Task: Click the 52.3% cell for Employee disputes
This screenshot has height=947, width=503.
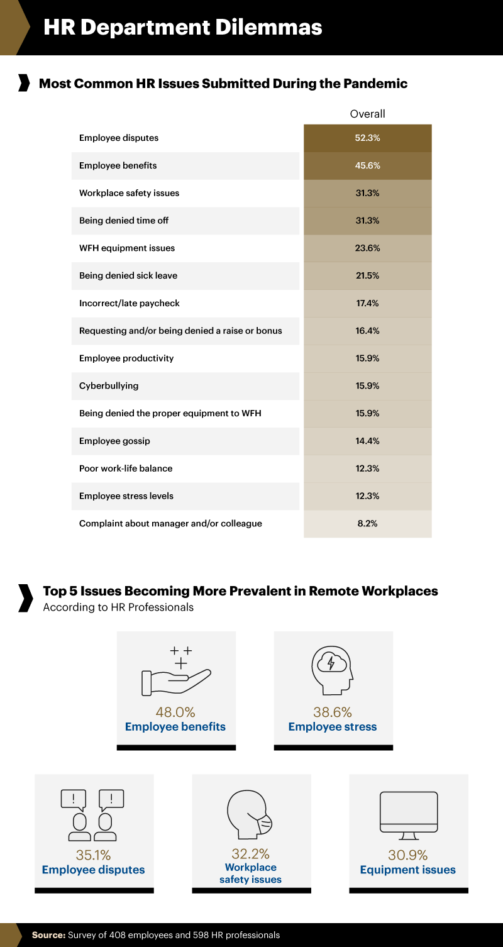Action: pos(367,138)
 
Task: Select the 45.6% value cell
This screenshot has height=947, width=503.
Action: pos(367,165)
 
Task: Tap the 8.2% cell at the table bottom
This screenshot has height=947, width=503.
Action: pos(367,523)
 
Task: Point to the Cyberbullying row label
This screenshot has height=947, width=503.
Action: pos(109,385)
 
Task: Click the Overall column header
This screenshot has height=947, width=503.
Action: pos(367,114)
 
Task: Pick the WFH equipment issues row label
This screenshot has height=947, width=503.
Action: pos(127,248)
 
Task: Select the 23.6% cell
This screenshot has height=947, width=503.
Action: pos(367,248)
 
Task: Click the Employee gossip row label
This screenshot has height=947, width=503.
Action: pos(114,441)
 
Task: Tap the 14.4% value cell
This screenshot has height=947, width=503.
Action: pos(367,441)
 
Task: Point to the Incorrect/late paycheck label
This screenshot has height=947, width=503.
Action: pos(130,303)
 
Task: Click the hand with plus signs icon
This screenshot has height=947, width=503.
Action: pos(176,671)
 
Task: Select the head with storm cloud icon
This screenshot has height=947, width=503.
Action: pos(332,670)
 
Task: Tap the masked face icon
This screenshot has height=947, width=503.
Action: pos(250,814)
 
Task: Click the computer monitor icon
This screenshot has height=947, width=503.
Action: pos(409,816)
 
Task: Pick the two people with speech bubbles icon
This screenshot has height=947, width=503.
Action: pos(92,815)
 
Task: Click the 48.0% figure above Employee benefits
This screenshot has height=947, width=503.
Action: pos(175,712)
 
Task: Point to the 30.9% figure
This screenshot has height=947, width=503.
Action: pos(408,855)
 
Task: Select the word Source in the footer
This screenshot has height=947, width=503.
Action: pos(48,935)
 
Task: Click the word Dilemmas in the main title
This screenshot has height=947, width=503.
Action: pos(268,28)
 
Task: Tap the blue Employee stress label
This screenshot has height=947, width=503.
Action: pos(333,727)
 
